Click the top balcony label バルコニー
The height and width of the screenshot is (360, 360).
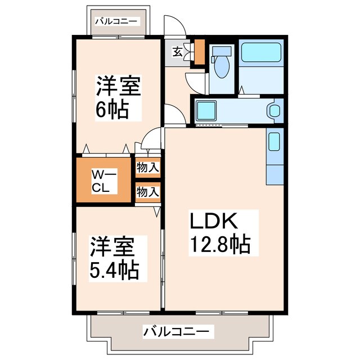tap(116, 21)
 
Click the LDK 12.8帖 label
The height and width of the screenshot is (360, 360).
tap(215, 233)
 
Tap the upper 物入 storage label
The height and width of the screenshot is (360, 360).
tap(148, 168)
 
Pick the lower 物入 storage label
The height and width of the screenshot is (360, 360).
tap(148, 192)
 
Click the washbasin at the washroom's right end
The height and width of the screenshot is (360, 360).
tap(275, 110)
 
